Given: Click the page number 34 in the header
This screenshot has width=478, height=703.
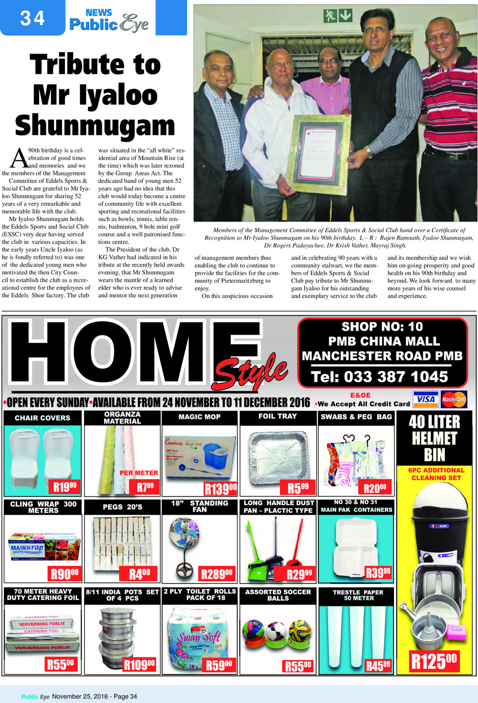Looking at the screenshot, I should [x=32, y=19].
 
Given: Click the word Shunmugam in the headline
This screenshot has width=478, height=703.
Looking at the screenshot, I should [x=95, y=125].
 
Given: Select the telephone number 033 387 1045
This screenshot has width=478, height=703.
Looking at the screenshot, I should [x=379, y=376].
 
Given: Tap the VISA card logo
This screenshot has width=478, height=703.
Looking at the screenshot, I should [x=426, y=399].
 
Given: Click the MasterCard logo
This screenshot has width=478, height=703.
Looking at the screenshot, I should [x=453, y=399].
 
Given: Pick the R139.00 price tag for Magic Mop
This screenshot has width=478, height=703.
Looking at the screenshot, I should [x=220, y=488].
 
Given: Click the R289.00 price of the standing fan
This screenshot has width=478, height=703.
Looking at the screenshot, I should [x=216, y=573].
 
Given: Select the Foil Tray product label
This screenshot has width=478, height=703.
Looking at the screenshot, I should [x=278, y=416].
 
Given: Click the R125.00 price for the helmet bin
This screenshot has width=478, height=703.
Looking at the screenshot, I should [x=434, y=661].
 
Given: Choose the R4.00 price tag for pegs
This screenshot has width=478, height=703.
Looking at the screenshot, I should [x=139, y=573].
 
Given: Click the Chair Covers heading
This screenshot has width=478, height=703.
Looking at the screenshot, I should [x=42, y=418].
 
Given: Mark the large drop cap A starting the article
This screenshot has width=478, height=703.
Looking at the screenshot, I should [x=19, y=159].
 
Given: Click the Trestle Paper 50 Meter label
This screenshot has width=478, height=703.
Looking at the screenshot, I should [x=358, y=595].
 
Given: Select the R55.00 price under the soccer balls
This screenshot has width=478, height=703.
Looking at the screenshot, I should [x=297, y=666].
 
